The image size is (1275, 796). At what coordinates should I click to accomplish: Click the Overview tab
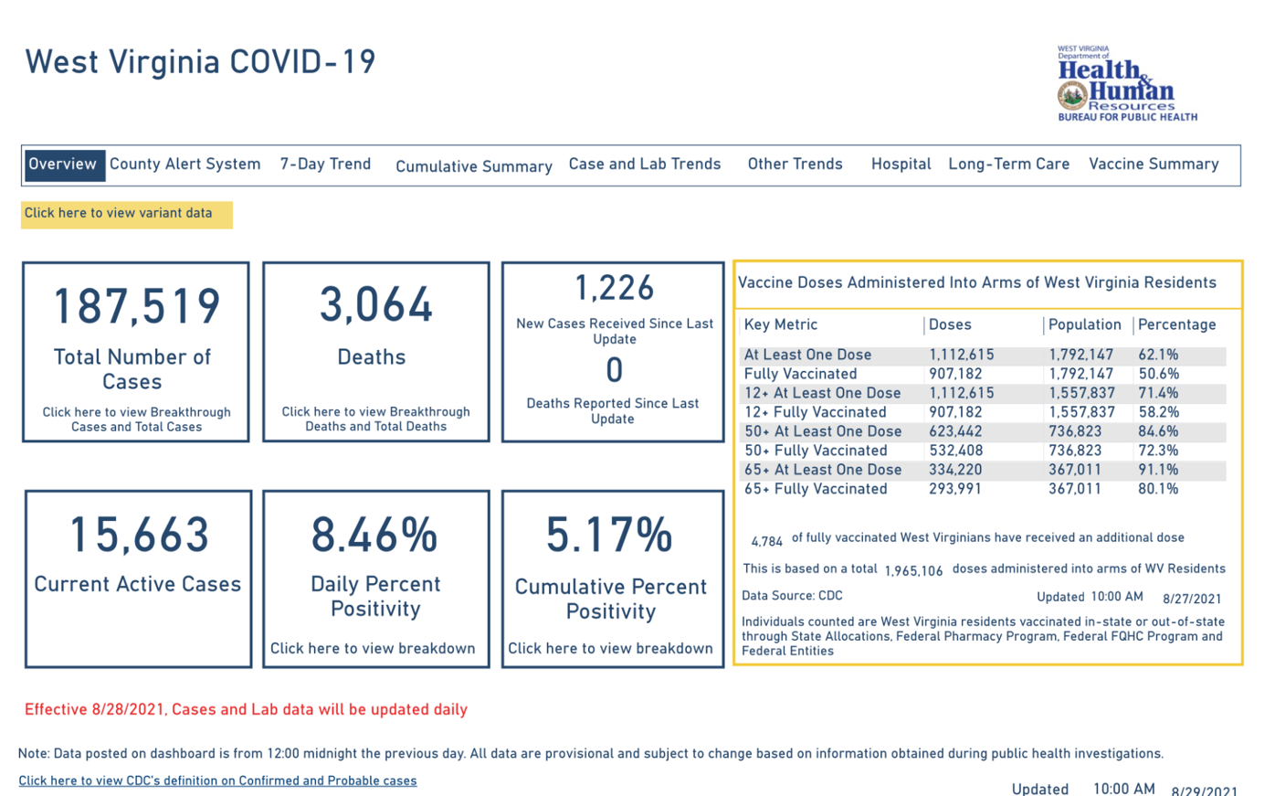tap(64, 165)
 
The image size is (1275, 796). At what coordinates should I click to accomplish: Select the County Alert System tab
tap(185, 164)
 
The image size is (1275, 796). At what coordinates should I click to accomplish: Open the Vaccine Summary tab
tap(1154, 164)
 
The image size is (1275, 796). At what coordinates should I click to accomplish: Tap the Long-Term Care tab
tap(1008, 164)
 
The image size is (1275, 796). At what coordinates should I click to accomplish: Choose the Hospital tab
tap(901, 164)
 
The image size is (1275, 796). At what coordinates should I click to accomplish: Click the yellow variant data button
tap(126, 215)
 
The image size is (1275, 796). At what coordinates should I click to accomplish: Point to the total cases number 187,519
tap(137, 306)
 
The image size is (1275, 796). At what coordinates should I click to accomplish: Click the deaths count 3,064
tap(375, 304)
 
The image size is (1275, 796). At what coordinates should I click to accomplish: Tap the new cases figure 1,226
tap(614, 288)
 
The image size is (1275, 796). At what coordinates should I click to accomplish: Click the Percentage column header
tap(1177, 324)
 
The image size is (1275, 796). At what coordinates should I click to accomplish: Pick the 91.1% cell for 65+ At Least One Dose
tap(1158, 470)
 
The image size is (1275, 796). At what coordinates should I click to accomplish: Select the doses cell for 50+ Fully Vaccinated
tap(956, 451)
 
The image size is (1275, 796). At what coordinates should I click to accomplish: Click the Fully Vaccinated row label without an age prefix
tap(800, 374)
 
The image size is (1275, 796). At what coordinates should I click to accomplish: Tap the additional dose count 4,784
tap(766, 542)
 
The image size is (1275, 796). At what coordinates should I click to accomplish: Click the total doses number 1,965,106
tap(913, 571)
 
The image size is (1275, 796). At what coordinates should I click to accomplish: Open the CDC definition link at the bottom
tap(217, 780)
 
